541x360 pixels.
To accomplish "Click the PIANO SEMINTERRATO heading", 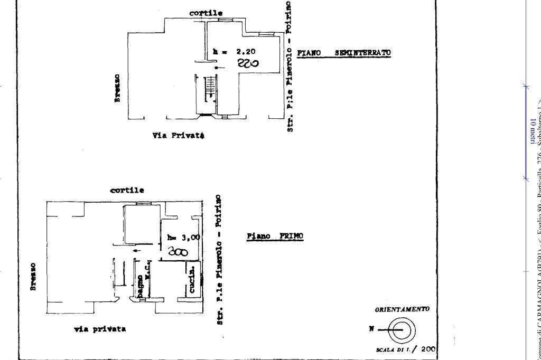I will click(344, 53).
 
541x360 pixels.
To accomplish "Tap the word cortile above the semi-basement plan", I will click(206, 13).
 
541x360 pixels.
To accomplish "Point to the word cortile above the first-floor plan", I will click(127, 190).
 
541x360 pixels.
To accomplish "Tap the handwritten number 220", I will click(247, 64).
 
